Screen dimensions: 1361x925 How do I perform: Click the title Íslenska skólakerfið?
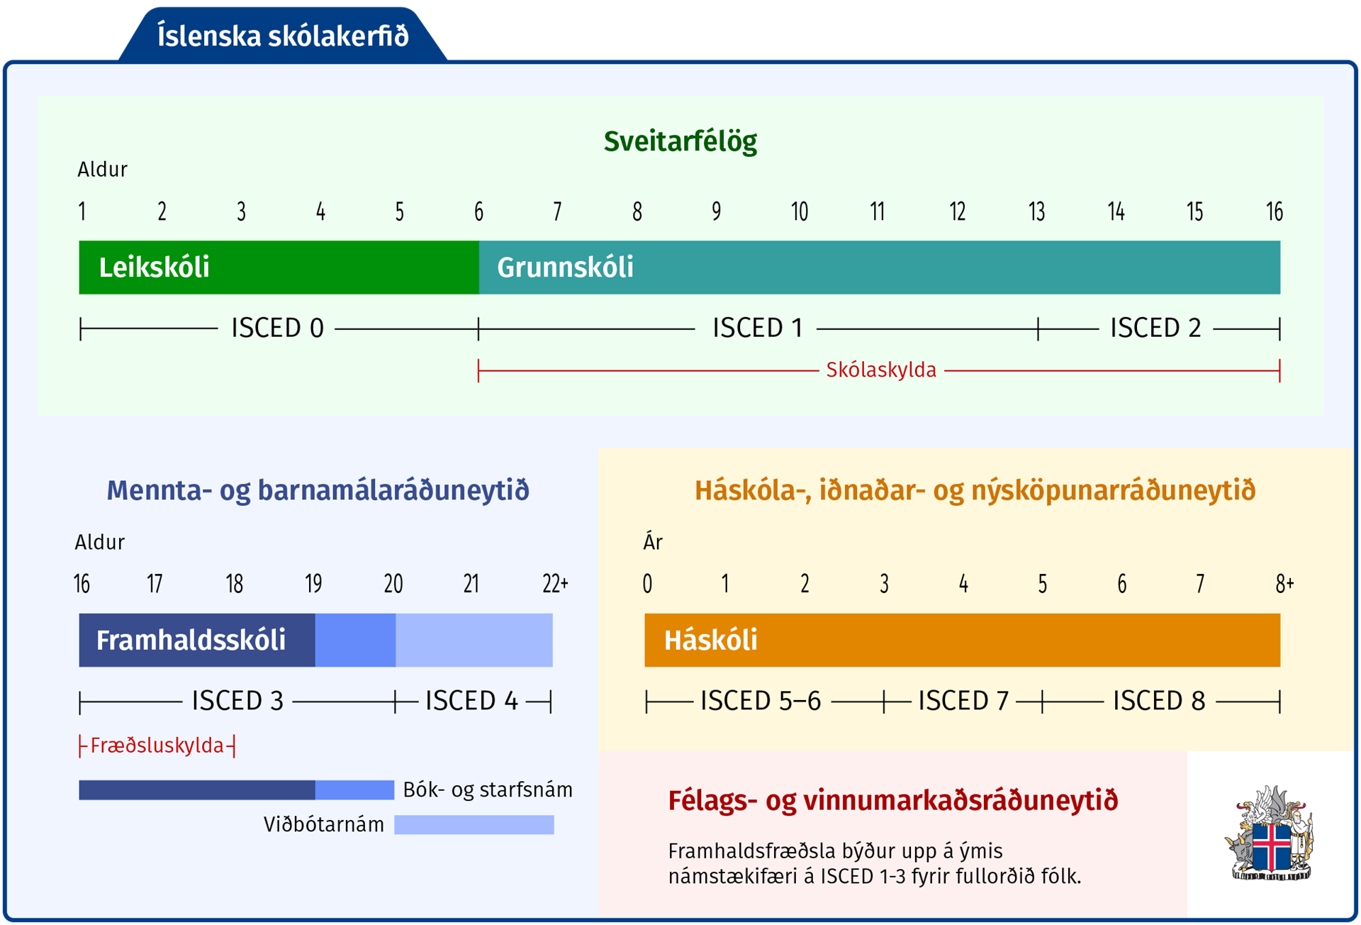point(283,35)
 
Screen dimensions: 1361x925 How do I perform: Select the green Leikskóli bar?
point(279,267)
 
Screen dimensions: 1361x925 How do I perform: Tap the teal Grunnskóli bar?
point(880,267)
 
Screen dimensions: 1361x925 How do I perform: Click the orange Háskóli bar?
point(962,640)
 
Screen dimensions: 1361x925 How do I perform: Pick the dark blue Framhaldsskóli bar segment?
point(197,640)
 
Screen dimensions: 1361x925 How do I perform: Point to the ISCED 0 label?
point(277,328)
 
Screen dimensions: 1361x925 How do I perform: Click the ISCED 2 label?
point(1155,328)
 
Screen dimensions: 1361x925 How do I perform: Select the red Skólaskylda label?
point(881,370)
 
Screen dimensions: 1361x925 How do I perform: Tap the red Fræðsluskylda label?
point(157,746)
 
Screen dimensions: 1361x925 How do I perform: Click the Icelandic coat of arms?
point(1270,833)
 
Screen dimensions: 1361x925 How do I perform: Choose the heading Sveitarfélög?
point(680,141)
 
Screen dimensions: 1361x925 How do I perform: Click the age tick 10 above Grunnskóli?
point(800,211)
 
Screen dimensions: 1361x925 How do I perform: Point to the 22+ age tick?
point(556,584)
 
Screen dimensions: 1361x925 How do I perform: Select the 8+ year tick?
point(1285,584)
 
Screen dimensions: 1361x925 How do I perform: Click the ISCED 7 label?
point(963,701)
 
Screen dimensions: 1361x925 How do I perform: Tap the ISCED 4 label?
point(471,701)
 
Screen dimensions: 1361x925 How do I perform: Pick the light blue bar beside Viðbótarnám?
point(474,824)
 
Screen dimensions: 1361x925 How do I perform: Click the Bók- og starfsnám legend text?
point(488,790)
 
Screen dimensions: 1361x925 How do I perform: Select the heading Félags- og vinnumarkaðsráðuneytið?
point(893,801)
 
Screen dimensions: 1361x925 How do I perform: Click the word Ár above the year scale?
point(653,542)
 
